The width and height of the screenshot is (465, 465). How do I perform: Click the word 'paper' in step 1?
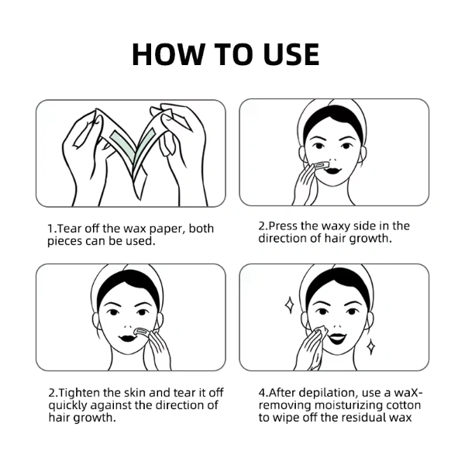coord(167,229)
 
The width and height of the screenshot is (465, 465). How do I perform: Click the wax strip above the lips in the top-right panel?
coord(321,164)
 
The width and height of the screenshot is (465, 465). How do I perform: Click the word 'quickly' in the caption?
coord(68,405)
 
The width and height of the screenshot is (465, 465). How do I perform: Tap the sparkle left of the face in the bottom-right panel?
coord(289,305)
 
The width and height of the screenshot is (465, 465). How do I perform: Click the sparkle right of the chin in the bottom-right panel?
coord(370,347)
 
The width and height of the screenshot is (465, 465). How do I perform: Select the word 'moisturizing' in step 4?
coord(348,405)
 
